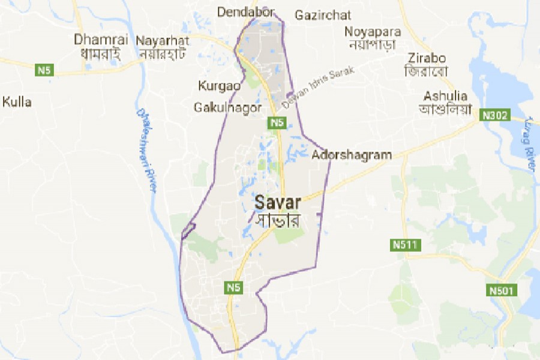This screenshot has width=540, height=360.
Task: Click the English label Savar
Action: tap(278, 202)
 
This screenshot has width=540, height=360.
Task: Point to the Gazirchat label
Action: tap(323, 15)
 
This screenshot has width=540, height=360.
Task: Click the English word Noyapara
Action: tap(372, 31)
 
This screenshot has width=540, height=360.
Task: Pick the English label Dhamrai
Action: tap(93, 40)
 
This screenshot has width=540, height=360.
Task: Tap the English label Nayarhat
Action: tap(163, 41)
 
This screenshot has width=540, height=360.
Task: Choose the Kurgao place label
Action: tap(219, 86)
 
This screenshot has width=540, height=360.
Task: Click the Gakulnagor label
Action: tap(228, 107)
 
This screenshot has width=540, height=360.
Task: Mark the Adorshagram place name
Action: tap(352, 155)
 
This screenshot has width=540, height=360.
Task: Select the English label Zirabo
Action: tap(425, 58)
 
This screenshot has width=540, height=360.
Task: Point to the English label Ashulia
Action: tap(445, 95)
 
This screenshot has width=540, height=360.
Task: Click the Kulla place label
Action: tap(17, 102)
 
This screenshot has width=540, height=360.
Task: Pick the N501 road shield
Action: tap(500, 291)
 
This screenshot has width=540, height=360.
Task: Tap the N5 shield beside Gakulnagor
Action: tap(276, 123)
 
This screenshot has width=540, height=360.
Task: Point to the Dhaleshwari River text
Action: tap(147, 150)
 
